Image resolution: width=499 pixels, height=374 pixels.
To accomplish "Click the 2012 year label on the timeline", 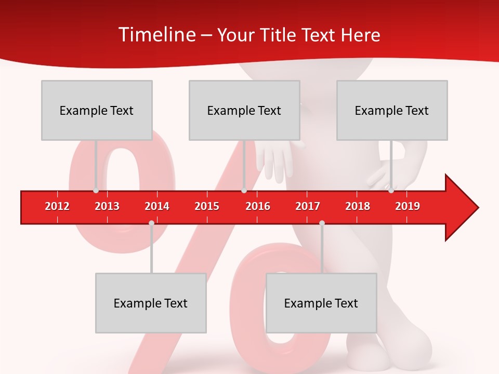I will pyautogui.click(x=57, y=206).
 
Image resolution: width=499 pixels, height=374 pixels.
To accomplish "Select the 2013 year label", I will pyautogui.click(x=107, y=206).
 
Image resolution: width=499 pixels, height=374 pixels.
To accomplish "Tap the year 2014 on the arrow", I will pyautogui.click(x=157, y=206).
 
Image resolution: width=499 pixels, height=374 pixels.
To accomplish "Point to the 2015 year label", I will pyautogui.click(x=207, y=206).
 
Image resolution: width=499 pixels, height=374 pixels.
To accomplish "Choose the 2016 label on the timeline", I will pyautogui.click(x=258, y=206).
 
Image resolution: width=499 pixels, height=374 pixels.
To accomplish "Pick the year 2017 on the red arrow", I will pyautogui.click(x=308, y=206).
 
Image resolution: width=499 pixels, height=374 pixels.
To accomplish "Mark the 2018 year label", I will pyautogui.click(x=358, y=206).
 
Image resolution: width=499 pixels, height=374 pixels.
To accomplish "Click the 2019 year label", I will pyautogui.click(x=408, y=206).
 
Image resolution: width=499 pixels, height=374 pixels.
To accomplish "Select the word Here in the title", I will pyautogui.click(x=360, y=35).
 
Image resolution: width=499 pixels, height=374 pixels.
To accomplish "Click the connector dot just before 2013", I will pyautogui.click(x=96, y=191).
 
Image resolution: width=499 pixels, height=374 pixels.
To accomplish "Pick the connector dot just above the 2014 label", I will pyautogui.click(x=151, y=223).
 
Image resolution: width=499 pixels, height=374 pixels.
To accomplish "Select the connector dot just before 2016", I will pyautogui.click(x=244, y=191).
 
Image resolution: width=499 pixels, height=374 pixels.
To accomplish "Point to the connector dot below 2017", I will pyautogui.click(x=322, y=223).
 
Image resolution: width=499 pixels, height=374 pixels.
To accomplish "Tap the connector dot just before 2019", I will pyautogui.click(x=391, y=191).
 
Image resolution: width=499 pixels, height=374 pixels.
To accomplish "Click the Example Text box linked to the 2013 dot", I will pyautogui.click(x=97, y=110).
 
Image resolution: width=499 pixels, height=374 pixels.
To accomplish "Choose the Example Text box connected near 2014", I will pyautogui.click(x=151, y=303).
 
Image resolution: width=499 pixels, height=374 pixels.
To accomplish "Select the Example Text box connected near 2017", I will pyautogui.click(x=321, y=303).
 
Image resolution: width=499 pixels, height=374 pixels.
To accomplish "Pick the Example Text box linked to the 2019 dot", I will pyautogui.click(x=392, y=110).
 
